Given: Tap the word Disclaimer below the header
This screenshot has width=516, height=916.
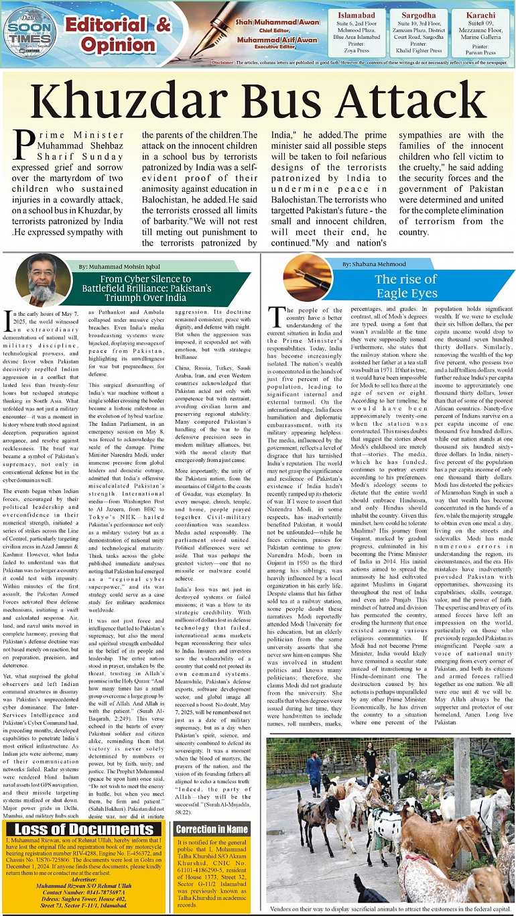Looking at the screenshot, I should pyautogui.click(x=223, y=62).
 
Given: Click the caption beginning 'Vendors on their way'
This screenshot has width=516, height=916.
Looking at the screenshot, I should pyautogui.click(x=391, y=909).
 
